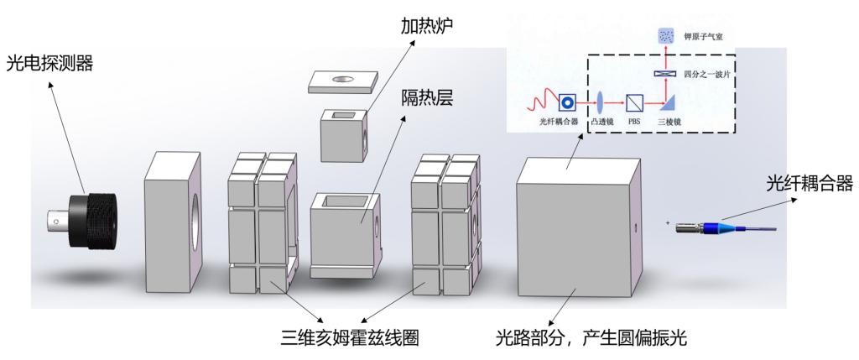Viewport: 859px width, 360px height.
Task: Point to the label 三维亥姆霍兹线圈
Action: coord(350,339)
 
